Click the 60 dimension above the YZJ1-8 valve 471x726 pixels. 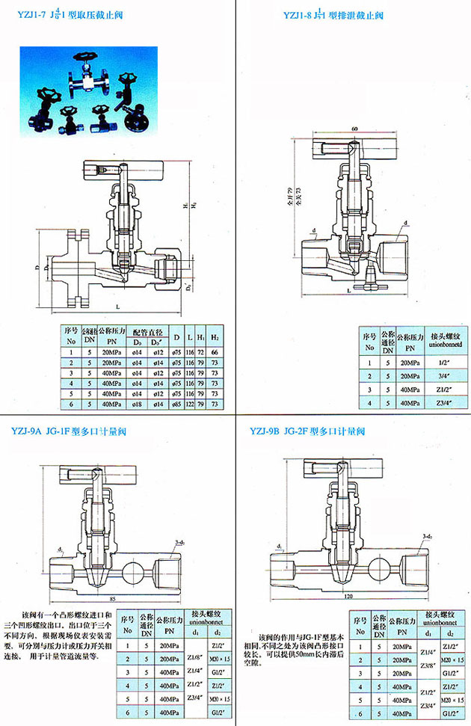tap(353, 129)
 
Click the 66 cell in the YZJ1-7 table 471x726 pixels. tap(214, 351)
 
